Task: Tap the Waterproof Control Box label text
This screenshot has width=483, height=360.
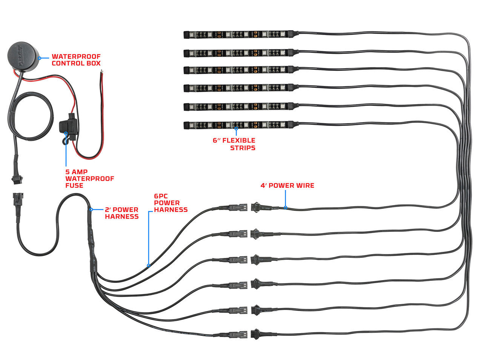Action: tap(76, 60)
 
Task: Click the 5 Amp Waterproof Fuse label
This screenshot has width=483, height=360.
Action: tap(89, 178)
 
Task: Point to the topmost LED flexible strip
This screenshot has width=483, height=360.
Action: tap(241, 35)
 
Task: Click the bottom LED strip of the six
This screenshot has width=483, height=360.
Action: tap(241, 124)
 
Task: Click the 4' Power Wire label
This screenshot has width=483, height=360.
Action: tap(287, 185)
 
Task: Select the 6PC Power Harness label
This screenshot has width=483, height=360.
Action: tap(171, 203)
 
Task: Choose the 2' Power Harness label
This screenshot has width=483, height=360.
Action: tap(122, 213)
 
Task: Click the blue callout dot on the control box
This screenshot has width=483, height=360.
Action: tap(40, 58)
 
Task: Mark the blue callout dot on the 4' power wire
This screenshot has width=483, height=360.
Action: tap(286, 207)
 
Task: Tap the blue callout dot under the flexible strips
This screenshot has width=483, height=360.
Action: tap(236, 129)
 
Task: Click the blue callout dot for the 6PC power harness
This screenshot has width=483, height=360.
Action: tap(149, 265)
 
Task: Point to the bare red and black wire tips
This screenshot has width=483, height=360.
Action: tap(101, 72)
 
